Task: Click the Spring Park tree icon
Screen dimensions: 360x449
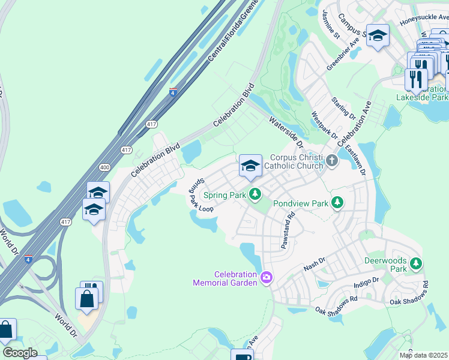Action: [x=256, y=194]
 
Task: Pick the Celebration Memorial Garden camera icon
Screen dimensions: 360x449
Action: [x=267, y=277]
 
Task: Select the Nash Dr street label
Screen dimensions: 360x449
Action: [x=314, y=261]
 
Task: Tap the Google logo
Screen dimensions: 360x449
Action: [x=20, y=353]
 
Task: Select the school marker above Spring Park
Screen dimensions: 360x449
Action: [x=250, y=166]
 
